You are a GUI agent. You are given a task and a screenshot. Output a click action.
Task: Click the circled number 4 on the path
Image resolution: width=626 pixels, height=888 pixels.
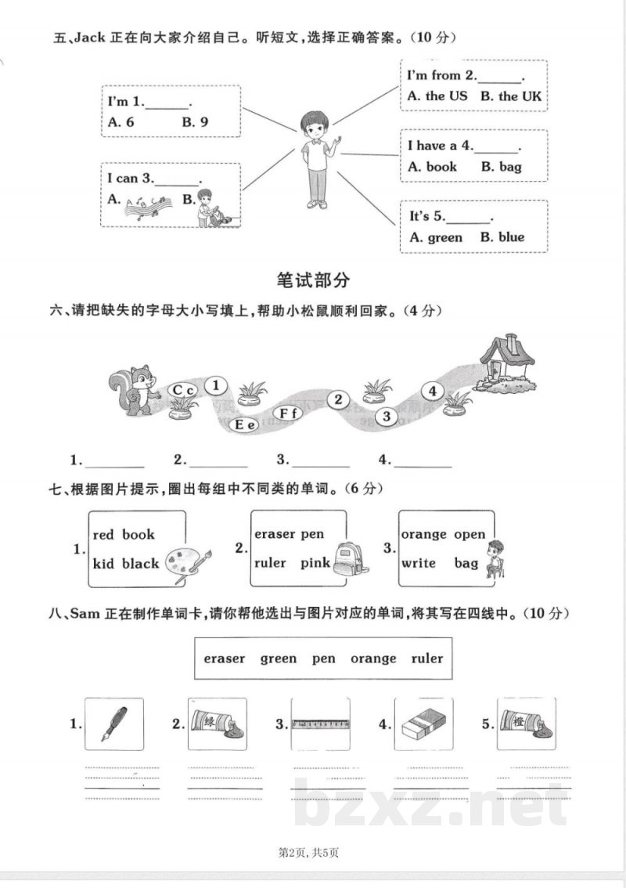tap(432, 392)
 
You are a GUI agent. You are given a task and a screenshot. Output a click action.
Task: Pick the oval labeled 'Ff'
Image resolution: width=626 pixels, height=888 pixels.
tap(286, 413)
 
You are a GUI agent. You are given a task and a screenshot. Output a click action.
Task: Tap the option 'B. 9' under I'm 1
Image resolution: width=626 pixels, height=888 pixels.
tap(195, 122)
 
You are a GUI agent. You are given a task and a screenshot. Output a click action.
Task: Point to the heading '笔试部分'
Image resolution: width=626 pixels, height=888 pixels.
tap(313, 280)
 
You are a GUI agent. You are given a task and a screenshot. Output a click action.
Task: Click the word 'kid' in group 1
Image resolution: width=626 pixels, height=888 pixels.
tap(103, 563)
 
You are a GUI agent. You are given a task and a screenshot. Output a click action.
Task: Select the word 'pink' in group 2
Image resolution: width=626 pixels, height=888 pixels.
tap(315, 563)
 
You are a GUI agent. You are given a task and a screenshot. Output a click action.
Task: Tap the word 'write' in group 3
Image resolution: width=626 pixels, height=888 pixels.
tap(419, 563)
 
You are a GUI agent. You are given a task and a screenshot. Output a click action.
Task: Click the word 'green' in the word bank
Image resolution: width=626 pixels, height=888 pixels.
tap(278, 659)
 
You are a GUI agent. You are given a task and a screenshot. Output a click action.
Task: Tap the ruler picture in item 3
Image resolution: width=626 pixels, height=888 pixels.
tap(321, 725)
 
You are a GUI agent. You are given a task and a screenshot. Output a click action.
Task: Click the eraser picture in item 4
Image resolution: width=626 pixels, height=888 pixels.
tap(424, 725)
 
